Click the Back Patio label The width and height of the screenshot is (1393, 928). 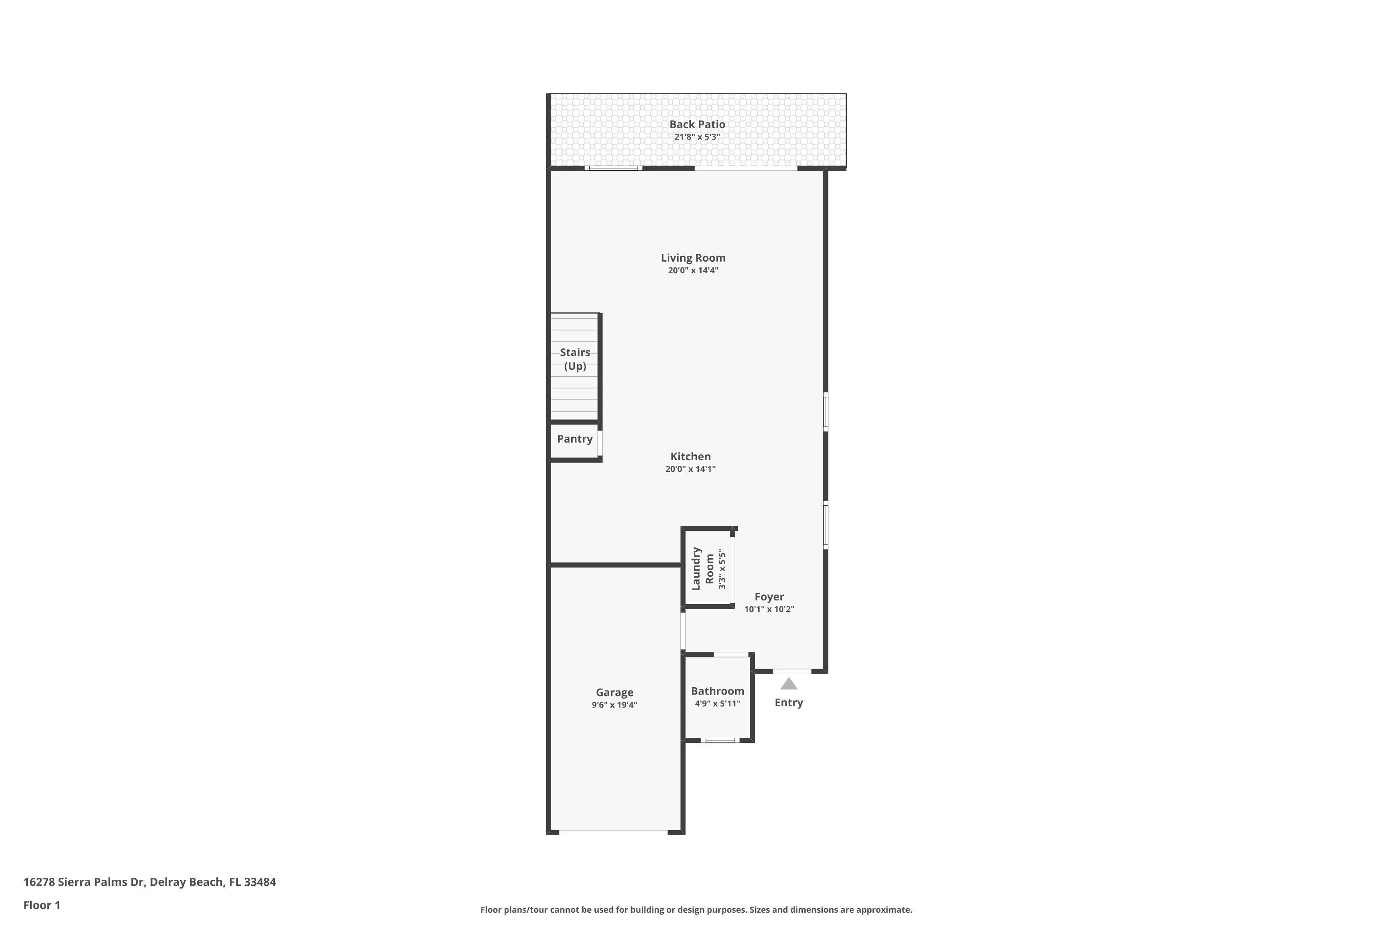(697, 124)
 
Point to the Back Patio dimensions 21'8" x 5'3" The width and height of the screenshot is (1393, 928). (697, 137)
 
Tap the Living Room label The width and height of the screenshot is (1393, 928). (693, 258)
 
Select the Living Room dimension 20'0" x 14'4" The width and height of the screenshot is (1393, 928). (693, 271)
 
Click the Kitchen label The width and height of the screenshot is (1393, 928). (690, 456)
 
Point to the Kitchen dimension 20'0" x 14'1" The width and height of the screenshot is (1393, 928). (690, 469)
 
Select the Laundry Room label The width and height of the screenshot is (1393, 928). (703, 569)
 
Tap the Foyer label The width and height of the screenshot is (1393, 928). (769, 597)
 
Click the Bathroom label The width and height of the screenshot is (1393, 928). (717, 691)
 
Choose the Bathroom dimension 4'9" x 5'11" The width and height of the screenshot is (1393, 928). (717, 704)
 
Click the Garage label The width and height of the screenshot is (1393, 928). (615, 692)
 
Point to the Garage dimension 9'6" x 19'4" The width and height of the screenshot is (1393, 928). (615, 705)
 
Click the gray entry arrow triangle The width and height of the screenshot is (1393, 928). (788, 684)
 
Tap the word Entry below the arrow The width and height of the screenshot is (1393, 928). (789, 703)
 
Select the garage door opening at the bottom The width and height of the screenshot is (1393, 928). (613, 833)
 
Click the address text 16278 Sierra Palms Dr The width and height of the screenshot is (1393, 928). (84, 882)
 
